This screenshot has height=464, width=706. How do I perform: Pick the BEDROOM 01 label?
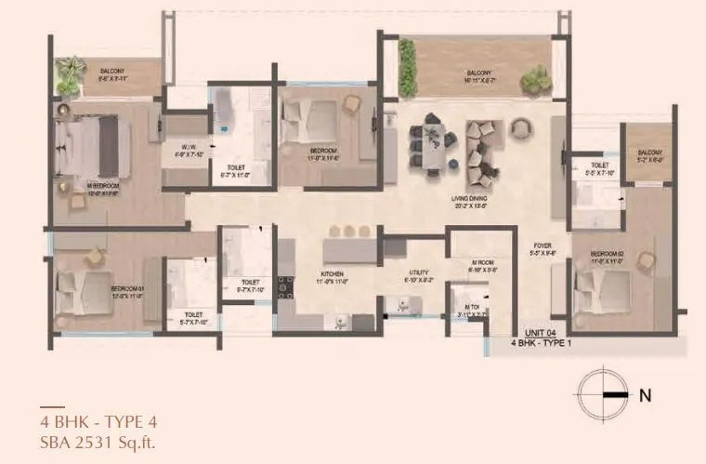point(127,292)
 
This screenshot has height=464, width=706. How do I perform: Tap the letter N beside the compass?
point(644,394)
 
